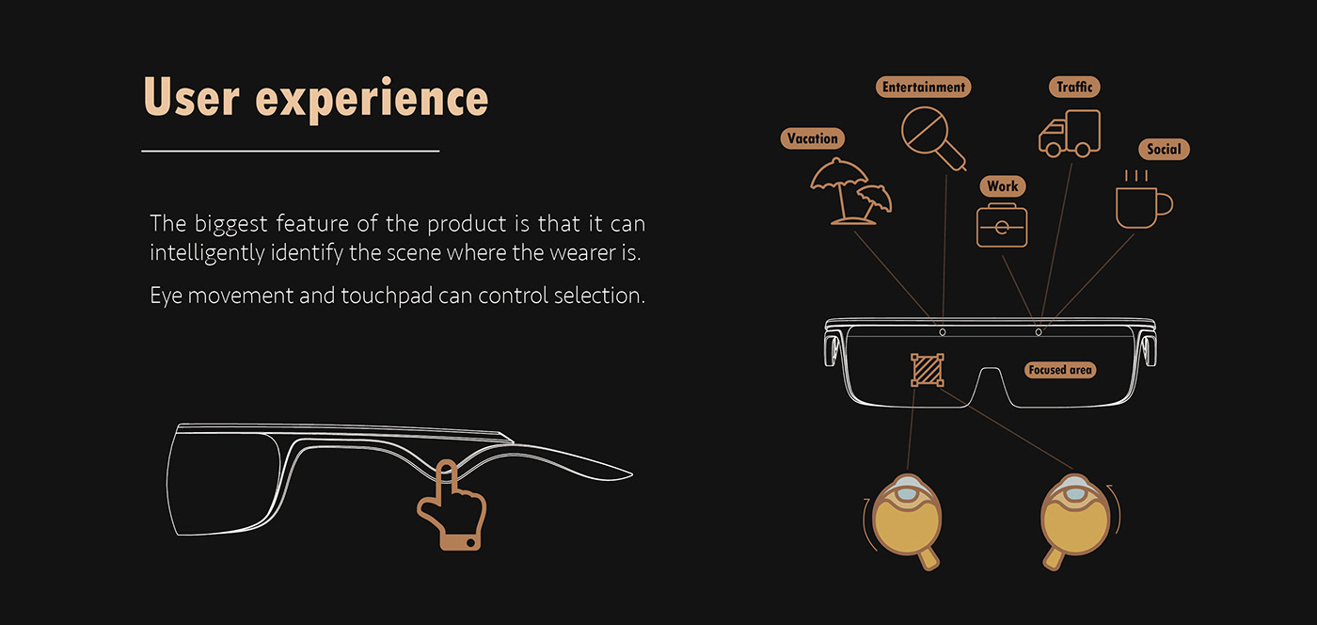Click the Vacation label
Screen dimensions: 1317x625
[x=813, y=138]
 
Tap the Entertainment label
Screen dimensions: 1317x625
[x=923, y=88]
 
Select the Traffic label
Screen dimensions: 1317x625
[x=1074, y=88]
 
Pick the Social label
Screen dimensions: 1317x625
[x=1164, y=149]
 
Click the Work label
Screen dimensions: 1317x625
[x=1003, y=186]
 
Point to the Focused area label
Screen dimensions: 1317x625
[x=1060, y=370]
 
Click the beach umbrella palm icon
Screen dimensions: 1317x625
[x=850, y=191]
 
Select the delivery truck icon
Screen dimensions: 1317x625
[x=1070, y=134]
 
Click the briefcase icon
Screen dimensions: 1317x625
[x=1002, y=225]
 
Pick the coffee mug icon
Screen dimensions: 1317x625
[x=1143, y=200]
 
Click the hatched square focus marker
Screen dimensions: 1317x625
[x=928, y=370]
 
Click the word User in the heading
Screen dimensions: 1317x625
[x=192, y=97]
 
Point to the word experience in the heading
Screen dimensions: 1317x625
[x=372, y=100]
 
